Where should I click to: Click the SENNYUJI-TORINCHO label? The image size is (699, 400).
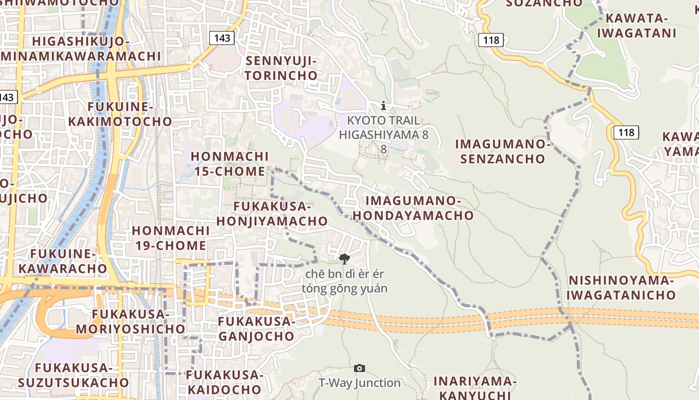coord(282,68)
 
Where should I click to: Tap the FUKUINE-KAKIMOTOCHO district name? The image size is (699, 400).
coord(120,114)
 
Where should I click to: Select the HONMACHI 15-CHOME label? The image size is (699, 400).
coord(230,164)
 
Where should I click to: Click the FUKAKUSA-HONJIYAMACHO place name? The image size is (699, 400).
coord(272,213)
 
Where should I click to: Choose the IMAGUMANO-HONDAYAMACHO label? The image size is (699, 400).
coord(420,208)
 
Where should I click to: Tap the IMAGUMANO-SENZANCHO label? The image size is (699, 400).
coord(502,151)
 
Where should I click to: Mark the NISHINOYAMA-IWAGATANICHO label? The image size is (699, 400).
coord(621,287)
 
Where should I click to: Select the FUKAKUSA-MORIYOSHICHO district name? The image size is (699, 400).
coord(131,321)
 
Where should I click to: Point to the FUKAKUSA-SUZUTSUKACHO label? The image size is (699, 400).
coord(74,375)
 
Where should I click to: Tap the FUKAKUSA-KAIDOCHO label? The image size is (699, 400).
coord(224,382)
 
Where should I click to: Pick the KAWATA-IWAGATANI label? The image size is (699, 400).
coord(637,26)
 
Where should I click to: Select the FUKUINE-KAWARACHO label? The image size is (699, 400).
coord(63,261)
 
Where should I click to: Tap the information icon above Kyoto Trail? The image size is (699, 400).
coord(383,105)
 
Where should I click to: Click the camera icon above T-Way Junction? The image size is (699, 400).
coord(359,368)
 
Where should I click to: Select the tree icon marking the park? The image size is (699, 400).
coord(344,258)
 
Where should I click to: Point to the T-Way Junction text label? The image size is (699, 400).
coord(359,383)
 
